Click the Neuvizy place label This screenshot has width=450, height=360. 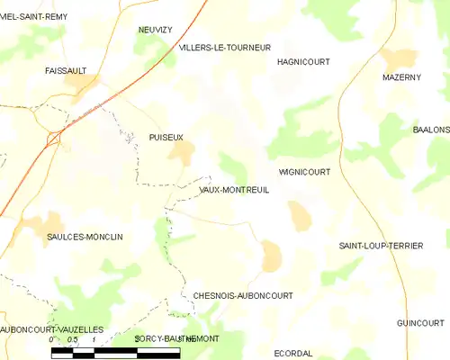(155, 30)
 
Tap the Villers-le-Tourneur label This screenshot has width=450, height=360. (224, 47)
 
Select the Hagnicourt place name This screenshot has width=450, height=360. (303, 62)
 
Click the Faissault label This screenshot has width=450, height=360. (67, 69)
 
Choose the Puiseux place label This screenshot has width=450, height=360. (166, 137)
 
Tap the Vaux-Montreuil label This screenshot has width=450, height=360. (233, 191)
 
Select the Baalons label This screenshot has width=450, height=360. (431, 130)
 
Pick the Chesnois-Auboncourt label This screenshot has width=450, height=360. (242, 295)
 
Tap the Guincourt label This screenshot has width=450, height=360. (420, 322)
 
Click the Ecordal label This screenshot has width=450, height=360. (293, 353)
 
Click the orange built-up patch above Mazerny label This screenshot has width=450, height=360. (398, 59)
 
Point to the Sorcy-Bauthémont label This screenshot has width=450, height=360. (176, 338)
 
